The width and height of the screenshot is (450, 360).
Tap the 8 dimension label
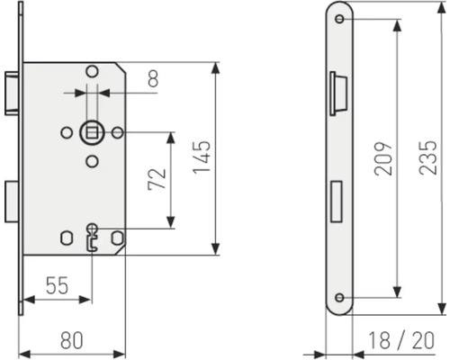[x=152, y=81]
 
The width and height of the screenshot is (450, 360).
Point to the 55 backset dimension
[x=56, y=286]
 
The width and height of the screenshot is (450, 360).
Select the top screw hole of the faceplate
[x=339, y=22]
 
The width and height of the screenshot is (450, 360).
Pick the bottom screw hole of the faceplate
[x=339, y=297]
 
